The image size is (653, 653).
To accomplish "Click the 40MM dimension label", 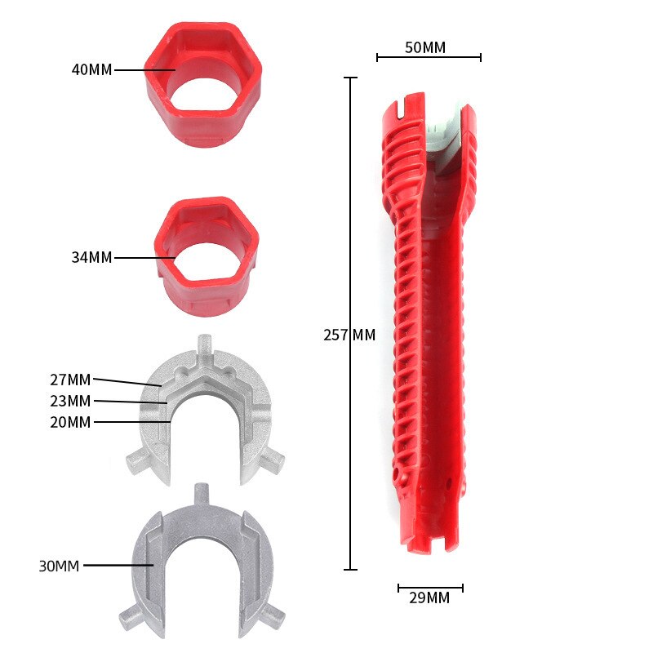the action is [x=91, y=69].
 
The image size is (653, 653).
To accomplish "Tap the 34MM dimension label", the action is [x=91, y=257].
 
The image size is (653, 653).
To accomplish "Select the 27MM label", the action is [x=70, y=380].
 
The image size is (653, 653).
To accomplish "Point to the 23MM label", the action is [x=70, y=401].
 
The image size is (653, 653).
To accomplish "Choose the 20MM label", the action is [x=70, y=422].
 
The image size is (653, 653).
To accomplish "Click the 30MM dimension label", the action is [x=59, y=566].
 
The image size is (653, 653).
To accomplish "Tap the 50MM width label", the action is [x=425, y=47].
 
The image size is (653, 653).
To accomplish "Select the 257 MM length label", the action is [x=349, y=335].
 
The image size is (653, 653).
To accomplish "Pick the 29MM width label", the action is [x=429, y=597].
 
